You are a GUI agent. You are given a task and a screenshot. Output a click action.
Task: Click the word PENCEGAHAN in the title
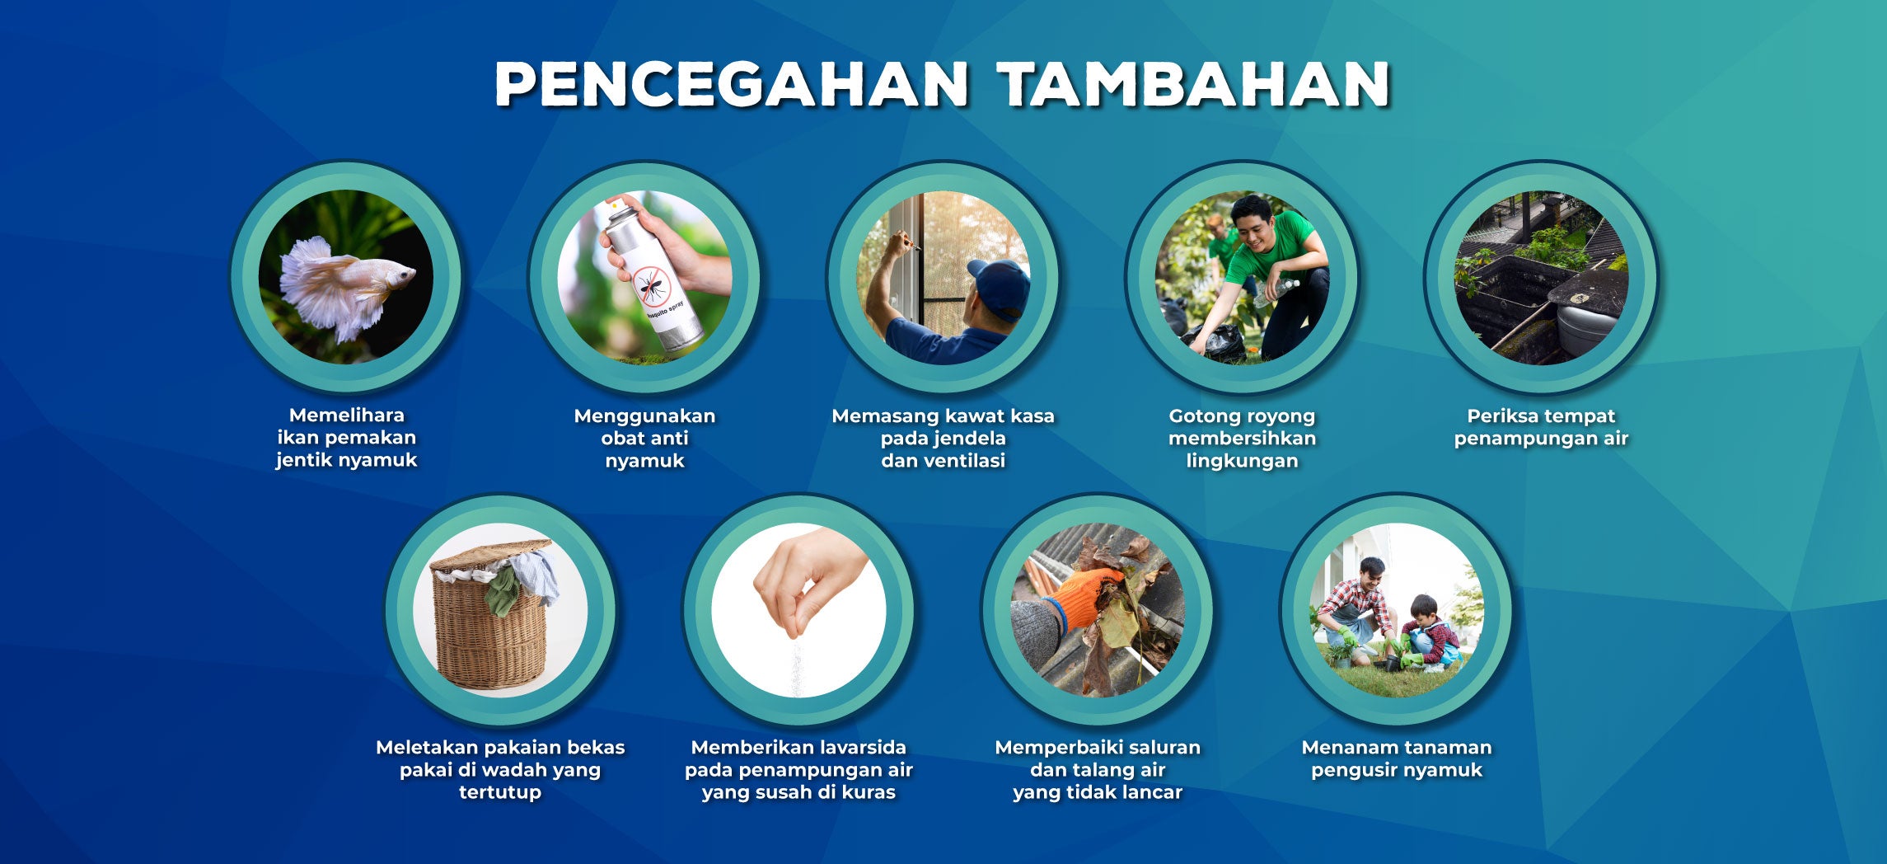point(731,84)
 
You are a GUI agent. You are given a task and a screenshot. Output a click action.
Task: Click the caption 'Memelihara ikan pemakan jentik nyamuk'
point(347,438)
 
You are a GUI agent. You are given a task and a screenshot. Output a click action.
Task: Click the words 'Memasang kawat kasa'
point(943,416)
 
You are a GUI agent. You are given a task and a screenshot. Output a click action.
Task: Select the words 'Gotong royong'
point(1242,416)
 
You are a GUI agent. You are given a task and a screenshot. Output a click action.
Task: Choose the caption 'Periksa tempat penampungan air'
point(1541,427)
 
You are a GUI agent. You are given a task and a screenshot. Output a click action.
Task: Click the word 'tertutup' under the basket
point(500,792)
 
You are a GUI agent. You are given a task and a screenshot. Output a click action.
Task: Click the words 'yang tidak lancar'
point(1098,792)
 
